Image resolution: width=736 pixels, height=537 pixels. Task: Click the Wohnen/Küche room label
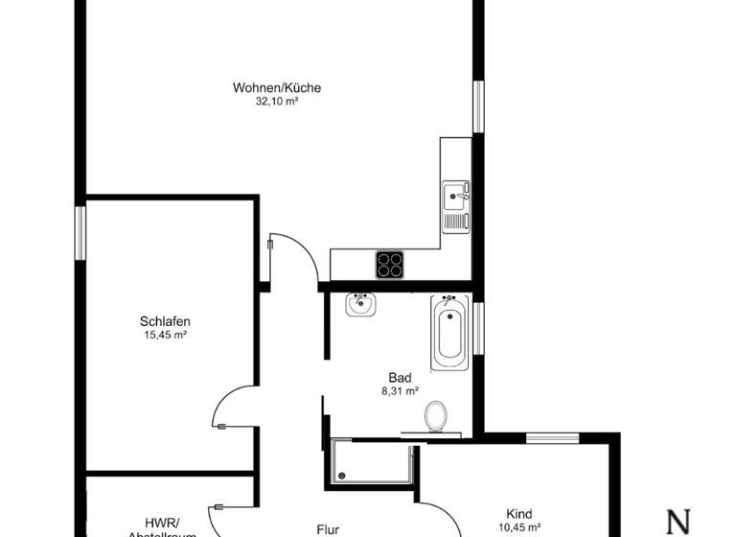[277, 88]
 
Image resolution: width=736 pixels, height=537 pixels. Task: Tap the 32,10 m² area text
[277, 101]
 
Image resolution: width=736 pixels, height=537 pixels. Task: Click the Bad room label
[400, 378]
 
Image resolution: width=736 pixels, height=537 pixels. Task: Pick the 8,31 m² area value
[400, 390]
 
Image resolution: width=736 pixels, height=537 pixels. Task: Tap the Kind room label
[519, 514]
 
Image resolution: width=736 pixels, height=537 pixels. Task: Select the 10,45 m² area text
[519, 526]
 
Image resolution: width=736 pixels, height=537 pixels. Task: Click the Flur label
[329, 527]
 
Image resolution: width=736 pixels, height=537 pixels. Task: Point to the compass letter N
[678, 522]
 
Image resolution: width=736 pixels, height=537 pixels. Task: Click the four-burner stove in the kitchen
[389, 264]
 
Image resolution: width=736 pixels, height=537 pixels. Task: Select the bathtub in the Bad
[448, 333]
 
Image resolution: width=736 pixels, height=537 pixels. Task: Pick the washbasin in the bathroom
[360, 305]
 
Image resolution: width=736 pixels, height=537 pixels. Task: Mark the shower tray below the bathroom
[370, 461]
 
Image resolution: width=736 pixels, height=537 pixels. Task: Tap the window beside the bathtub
[478, 327]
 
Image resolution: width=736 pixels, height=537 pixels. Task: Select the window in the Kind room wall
[552, 438]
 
